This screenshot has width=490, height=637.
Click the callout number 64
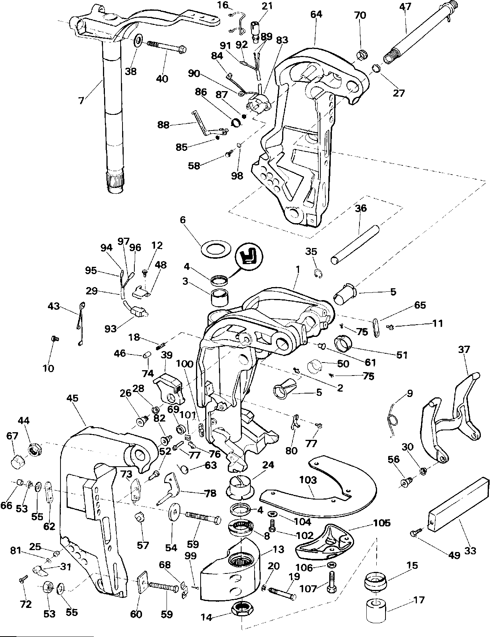click(316, 15)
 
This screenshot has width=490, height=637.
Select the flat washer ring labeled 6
click(213, 249)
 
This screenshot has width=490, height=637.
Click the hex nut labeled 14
click(242, 608)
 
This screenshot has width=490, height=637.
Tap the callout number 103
click(309, 480)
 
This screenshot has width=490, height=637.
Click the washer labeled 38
click(138, 41)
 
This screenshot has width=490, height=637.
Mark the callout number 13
click(278, 550)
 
